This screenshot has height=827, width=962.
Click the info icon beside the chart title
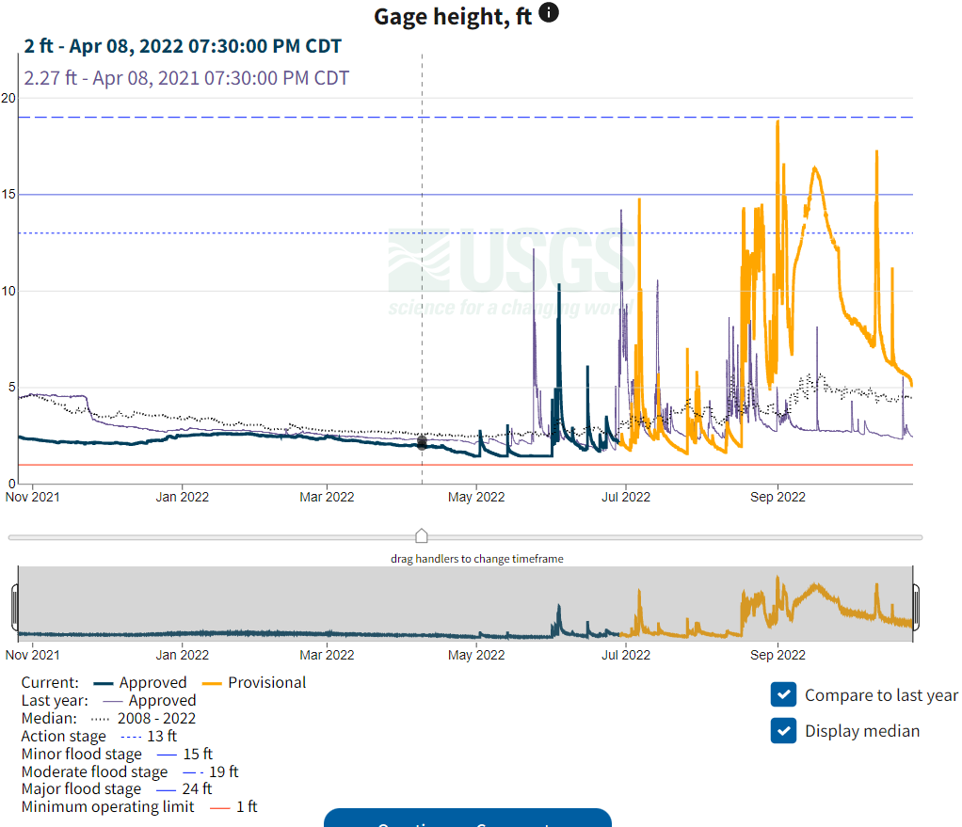tap(549, 13)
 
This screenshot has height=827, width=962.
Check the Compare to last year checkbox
tap(783, 695)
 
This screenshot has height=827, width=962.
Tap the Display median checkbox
tap(783, 731)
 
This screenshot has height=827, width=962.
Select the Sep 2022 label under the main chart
tap(778, 497)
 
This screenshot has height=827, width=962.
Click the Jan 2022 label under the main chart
tap(182, 497)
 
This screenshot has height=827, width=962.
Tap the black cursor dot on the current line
tap(422, 442)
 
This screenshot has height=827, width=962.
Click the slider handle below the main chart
tap(422, 536)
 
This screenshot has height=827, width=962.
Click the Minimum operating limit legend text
tap(108, 807)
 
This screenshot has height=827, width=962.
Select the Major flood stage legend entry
tap(81, 789)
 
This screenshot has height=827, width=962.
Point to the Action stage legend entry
tap(64, 737)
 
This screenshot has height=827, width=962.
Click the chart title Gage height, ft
tap(453, 16)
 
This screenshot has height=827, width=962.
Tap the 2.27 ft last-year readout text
tap(186, 78)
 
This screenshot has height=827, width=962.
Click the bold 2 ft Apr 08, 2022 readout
tap(183, 46)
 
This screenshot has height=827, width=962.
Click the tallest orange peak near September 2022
tap(778, 123)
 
